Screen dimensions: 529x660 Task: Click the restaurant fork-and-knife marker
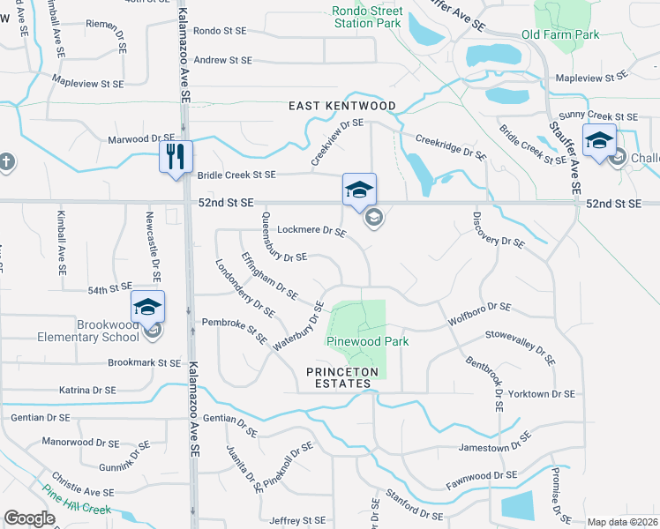pos(175,157)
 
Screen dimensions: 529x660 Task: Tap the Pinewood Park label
pos(356,340)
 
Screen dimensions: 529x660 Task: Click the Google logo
pos(29,518)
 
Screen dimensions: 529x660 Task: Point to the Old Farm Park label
pos(559,34)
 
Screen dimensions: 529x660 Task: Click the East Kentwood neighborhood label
pos(342,106)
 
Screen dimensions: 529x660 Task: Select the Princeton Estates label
pos(342,377)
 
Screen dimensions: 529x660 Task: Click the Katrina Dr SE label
pos(86,390)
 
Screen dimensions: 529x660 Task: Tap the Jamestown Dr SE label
pos(496,448)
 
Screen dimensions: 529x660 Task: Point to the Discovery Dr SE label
pos(498,228)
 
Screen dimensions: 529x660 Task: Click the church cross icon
pos(6,161)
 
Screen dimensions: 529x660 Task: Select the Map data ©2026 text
pos(622,522)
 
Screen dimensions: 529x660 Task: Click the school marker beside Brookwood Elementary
pos(147,308)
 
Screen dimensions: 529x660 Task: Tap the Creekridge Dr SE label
pos(450,146)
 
